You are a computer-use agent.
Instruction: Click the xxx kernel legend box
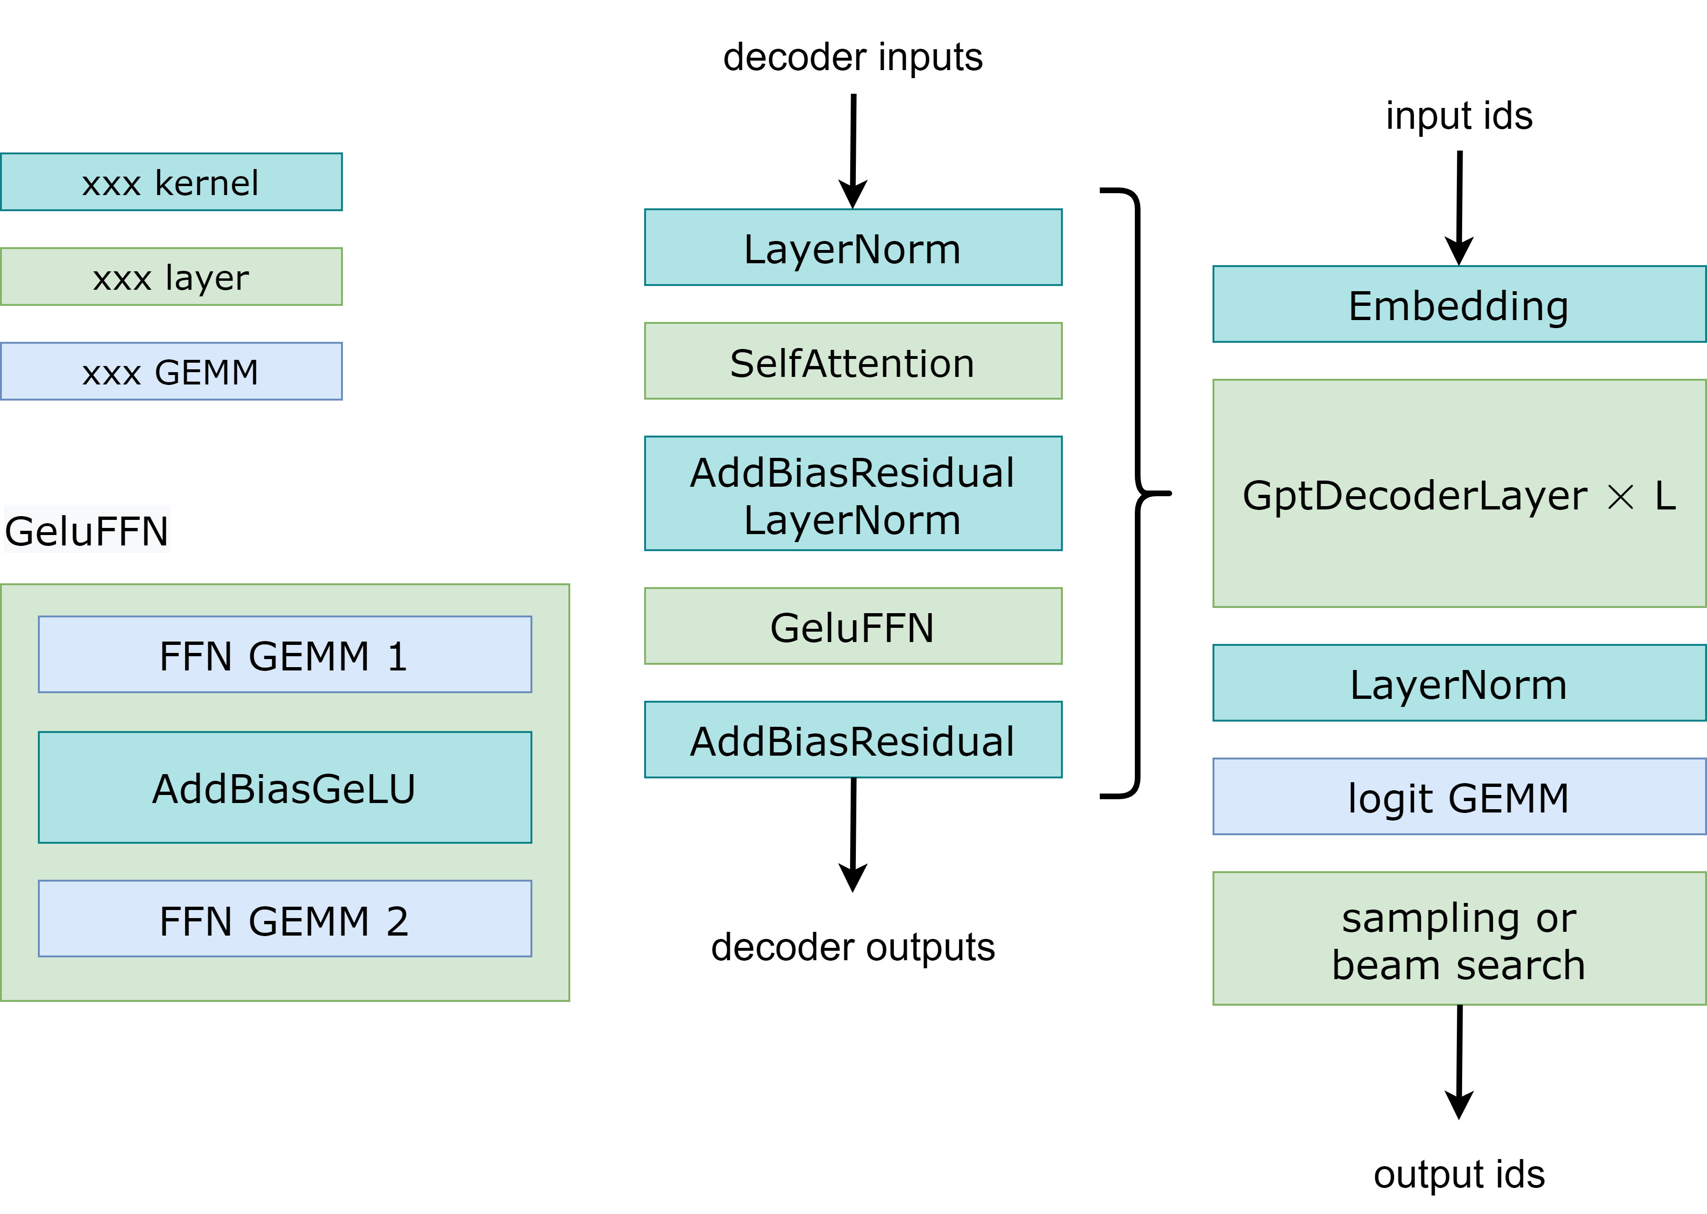click(171, 182)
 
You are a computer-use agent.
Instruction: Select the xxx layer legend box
click(171, 277)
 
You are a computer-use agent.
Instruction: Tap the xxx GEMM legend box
click(171, 372)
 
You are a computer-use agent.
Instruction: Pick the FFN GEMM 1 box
click(285, 655)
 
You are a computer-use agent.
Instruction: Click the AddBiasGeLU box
click(285, 788)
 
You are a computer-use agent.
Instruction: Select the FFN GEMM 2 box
click(285, 919)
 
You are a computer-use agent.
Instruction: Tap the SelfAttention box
click(853, 362)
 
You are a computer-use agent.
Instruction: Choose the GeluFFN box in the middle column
click(853, 626)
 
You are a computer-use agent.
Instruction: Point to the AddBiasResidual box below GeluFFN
click(853, 740)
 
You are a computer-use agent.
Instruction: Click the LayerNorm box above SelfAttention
click(853, 248)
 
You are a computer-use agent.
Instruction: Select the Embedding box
click(1459, 305)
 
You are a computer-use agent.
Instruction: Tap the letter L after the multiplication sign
click(1664, 496)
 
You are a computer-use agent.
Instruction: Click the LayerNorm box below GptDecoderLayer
click(1459, 683)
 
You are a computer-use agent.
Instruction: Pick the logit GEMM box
click(1459, 797)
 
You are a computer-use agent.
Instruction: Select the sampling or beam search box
click(1459, 939)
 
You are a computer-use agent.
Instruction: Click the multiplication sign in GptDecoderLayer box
click(1620, 497)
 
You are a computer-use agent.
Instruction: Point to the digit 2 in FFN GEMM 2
click(397, 921)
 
